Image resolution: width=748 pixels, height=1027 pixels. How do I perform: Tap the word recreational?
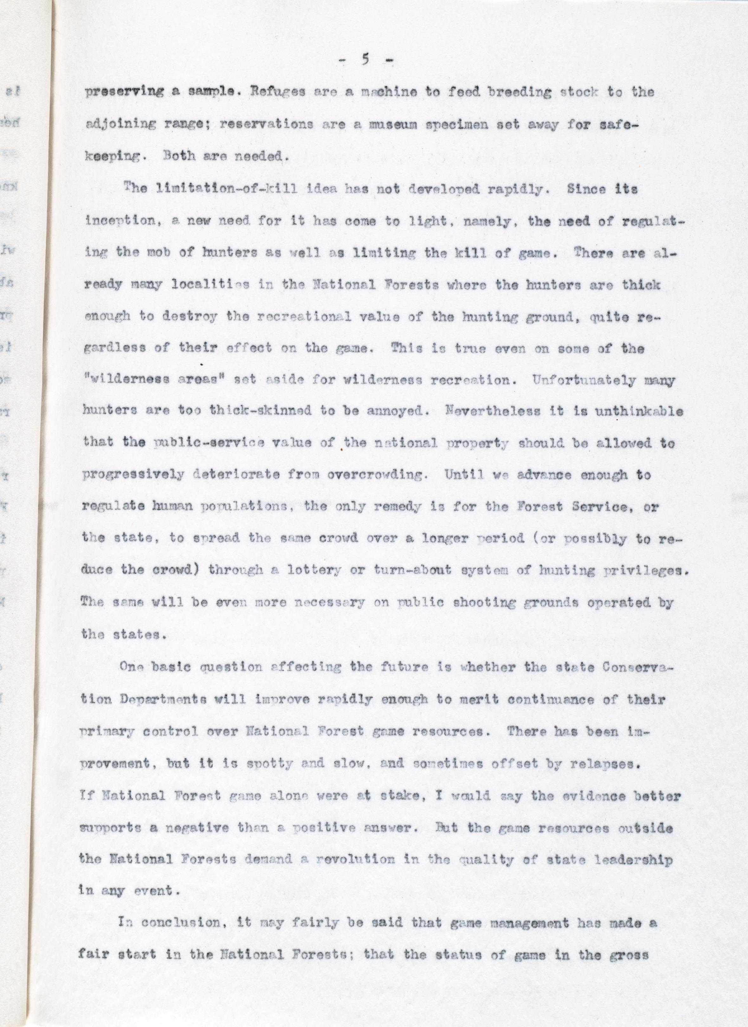pyautogui.click(x=303, y=317)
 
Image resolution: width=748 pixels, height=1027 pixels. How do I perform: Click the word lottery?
pyautogui.click(x=314, y=570)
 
